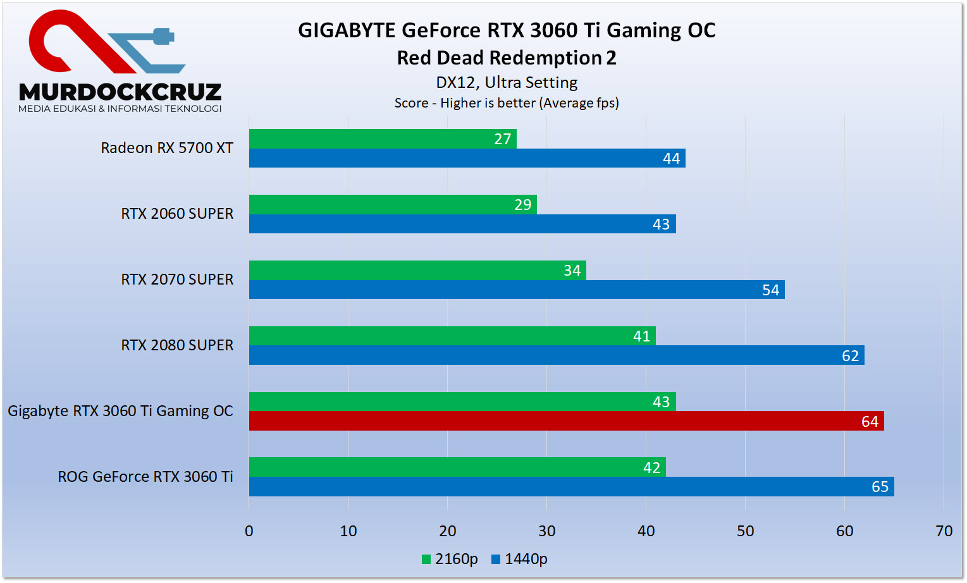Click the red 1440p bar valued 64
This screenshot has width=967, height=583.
click(566, 421)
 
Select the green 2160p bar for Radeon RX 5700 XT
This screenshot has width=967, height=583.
click(383, 139)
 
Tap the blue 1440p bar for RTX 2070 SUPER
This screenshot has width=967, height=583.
click(517, 290)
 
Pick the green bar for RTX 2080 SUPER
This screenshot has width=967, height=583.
click(452, 336)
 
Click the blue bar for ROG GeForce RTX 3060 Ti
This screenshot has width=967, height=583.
click(571, 487)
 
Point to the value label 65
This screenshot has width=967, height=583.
click(880, 487)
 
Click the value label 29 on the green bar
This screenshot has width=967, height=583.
click(522, 205)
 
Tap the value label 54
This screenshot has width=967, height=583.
click(770, 290)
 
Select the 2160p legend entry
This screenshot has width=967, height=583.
click(450, 559)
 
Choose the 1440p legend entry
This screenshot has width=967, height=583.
click(519, 559)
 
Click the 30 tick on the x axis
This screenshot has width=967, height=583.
click(546, 531)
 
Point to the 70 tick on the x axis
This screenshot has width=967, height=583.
click(944, 531)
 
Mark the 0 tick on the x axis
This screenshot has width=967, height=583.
click(249, 531)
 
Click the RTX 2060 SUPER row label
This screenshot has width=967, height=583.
click(177, 214)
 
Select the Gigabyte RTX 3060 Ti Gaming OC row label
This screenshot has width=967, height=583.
click(120, 411)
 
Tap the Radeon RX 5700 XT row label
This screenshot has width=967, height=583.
click(167, 148)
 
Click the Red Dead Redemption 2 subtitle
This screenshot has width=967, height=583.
click(506, 58)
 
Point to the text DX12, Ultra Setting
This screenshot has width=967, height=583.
click(507, 83)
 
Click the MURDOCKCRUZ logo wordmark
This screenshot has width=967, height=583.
click(120, 92)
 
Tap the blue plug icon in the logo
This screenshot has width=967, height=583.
click(163, 37)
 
